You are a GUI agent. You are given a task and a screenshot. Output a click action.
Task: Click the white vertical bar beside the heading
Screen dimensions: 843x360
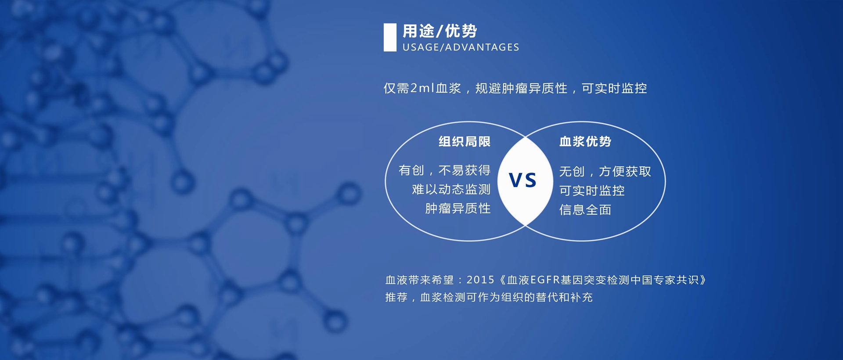tap(390, 37)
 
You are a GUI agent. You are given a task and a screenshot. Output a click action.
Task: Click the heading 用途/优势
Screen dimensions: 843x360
tap(440, 31)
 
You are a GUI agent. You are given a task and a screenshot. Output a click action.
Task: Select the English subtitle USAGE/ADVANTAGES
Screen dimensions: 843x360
tap(461, 47)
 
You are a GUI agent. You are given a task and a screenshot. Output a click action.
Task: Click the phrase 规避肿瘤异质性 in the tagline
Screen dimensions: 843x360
tap(521, 88)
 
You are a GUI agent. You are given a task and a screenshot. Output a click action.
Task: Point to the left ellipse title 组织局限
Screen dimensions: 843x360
tap(465, 141)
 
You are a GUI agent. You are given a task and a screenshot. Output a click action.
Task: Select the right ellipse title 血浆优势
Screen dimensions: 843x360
tap(585, 141)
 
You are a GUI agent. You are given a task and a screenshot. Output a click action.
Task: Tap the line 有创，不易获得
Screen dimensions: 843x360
tap(444, 170)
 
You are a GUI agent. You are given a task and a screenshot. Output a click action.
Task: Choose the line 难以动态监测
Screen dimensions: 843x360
tap(451, 189)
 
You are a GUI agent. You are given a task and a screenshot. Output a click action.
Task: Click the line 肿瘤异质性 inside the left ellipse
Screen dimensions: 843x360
tap(458, 209)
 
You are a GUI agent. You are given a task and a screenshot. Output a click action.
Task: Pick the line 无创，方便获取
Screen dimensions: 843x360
tap(605, 171)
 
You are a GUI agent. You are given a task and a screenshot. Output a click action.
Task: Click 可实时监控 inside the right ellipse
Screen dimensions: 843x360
tap(592, 191)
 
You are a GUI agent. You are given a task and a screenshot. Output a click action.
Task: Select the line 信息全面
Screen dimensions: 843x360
tap(585, 210)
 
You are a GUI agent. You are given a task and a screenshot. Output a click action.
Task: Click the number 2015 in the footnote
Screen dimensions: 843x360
tap(480, 280)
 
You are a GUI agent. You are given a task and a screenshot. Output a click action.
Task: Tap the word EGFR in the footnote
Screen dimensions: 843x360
tap(545, 280)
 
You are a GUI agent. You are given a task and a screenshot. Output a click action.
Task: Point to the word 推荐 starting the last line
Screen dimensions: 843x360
tap(396, 297)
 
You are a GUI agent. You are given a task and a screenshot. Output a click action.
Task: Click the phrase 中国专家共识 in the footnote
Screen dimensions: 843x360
tap(664, 280)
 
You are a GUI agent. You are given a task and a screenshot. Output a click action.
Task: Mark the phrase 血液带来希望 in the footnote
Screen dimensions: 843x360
tap(419, 280)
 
